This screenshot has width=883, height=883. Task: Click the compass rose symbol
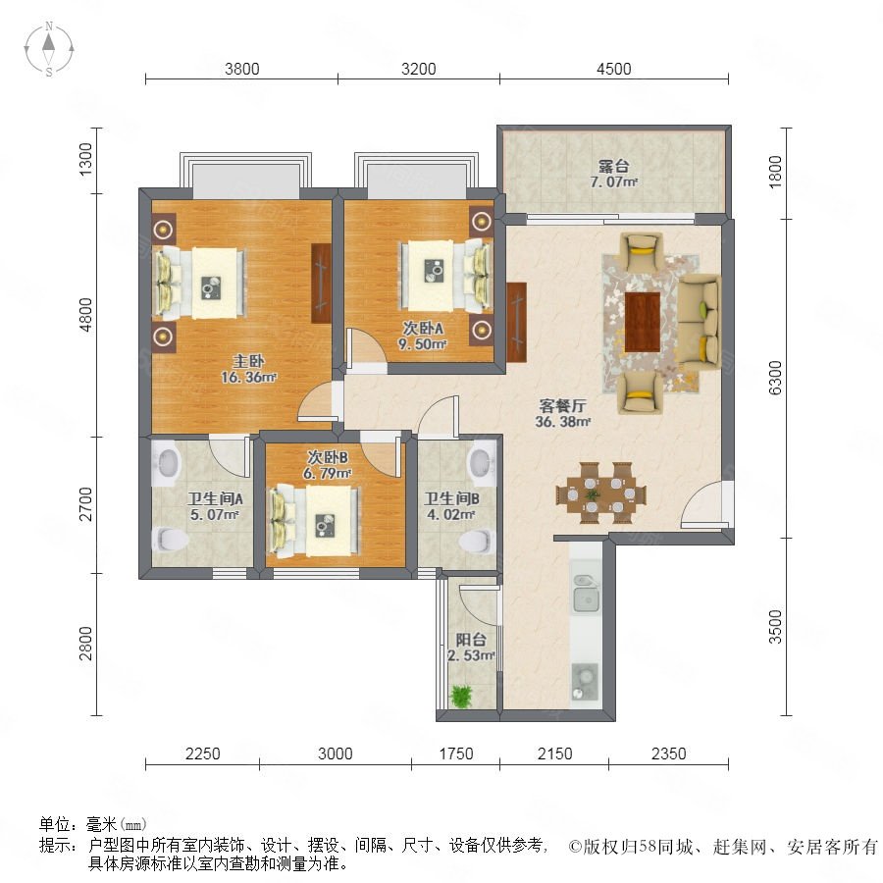pos(49,48)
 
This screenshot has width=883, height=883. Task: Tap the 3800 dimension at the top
pos(242,69)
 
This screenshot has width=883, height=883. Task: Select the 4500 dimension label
pos(614,69)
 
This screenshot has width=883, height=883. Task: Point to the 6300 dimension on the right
pos(775,378)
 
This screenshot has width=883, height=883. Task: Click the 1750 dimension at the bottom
pos(455,753)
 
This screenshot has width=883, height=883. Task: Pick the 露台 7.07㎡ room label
pos(614,174)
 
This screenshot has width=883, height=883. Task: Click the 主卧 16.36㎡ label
pos(248,369)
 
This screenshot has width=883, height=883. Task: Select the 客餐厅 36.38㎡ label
pos(562,413)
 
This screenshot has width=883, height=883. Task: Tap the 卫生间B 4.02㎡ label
pos(451,505)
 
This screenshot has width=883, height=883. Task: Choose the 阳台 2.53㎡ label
pos(471,648)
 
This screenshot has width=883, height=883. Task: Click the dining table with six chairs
pos(600,493)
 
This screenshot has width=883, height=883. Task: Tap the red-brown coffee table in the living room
pos(642,322)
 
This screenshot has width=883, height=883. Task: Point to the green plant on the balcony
pos(461,696)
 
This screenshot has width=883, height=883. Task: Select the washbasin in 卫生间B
pos(483,461)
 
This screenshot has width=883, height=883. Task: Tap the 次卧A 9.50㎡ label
pos(422,336)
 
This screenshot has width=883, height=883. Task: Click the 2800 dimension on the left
pos(85,643)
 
